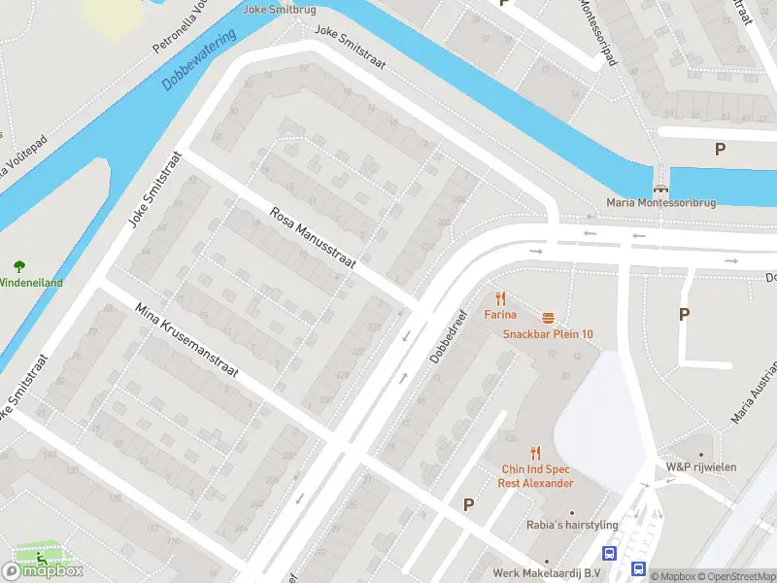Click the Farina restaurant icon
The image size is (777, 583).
501,298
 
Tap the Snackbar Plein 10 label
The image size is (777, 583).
548,334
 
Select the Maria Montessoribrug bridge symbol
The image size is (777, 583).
661,188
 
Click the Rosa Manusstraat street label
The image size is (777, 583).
313,237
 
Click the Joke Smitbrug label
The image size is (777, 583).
280,9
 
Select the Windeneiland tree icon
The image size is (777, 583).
18,265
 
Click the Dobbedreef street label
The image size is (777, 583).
450,335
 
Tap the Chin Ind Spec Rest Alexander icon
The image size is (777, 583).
535,453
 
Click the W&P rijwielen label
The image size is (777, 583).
700,467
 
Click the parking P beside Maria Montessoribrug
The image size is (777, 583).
720,149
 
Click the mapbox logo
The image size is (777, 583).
43,570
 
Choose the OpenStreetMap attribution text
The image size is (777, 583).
738,577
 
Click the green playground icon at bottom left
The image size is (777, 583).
41,558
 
